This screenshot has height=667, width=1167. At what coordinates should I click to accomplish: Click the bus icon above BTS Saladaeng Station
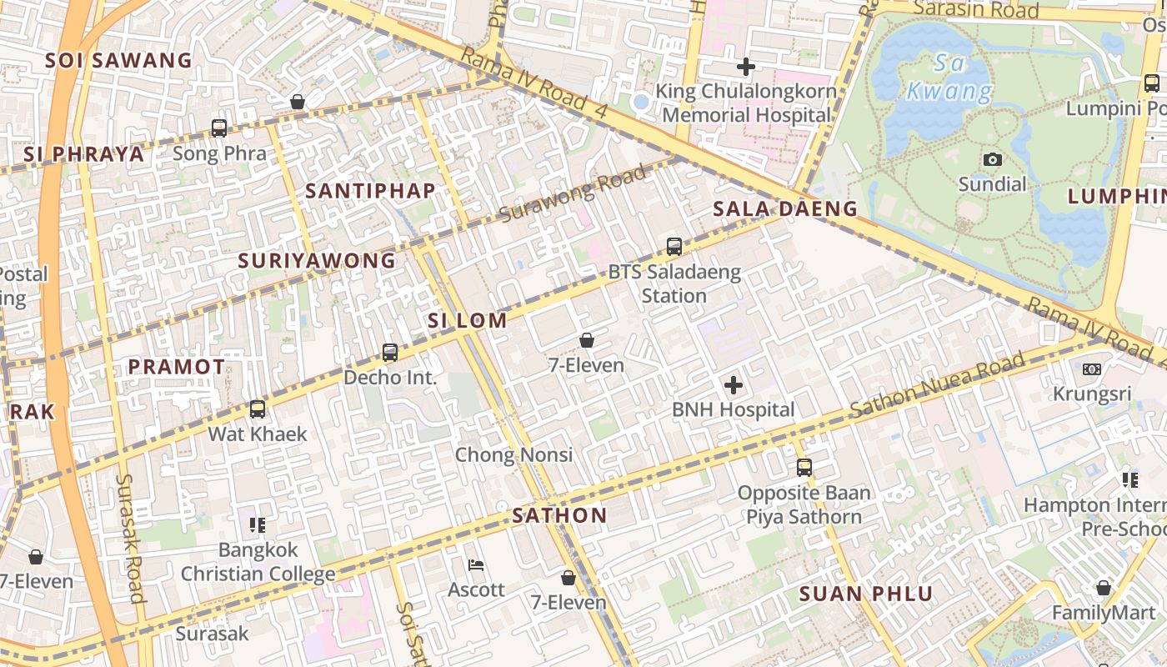point(674,247)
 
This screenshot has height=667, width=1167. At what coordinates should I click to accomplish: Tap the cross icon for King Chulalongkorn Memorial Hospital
point(746,67)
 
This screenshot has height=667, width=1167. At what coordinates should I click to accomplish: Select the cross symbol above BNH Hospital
point(734,385)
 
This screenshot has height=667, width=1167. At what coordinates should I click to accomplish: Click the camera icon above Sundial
point(992,159)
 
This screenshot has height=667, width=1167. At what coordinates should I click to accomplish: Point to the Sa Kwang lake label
point(950,77)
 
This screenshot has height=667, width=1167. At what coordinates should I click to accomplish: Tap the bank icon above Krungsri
point(1091,369)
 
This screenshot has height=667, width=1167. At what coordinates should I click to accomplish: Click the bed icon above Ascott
point(476,565)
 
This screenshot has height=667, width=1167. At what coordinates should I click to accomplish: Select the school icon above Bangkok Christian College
point(258,525)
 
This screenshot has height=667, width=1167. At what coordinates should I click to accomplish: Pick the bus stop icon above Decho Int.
point(390,353)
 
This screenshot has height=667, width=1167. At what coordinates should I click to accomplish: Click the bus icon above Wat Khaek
point(258,409)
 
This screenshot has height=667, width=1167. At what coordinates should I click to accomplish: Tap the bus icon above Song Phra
point(219,128)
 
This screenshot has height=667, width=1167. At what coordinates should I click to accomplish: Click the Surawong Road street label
point(573,195)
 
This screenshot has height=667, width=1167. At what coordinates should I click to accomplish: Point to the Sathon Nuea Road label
point(938,385)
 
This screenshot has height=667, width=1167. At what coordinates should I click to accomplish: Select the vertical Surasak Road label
point(132,539)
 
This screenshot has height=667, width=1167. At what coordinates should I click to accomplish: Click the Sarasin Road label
point(976,9)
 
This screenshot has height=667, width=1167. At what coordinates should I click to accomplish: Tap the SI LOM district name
point(468,320)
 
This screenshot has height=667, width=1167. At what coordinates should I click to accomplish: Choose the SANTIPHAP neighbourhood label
point(370,191)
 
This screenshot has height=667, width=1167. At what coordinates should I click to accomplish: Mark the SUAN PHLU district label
point(866,594)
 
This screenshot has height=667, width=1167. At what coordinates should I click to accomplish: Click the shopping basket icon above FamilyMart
point(1104,588)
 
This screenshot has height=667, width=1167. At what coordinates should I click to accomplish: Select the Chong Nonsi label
point(513,455)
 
